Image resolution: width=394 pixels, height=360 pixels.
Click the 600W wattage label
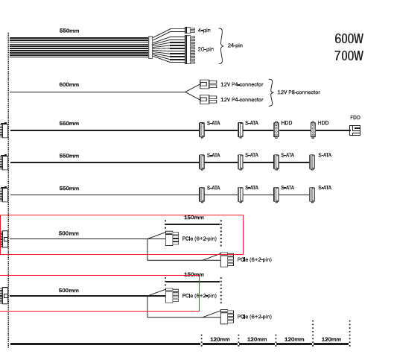coord(349,39)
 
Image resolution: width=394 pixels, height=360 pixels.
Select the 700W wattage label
coord(349,56)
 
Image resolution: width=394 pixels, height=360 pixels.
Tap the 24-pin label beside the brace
coord(235,45)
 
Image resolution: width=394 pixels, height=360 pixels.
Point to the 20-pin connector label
coord(206,49)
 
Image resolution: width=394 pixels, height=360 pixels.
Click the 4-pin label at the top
coord(204,31)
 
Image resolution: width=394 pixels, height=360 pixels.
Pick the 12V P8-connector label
coord(299,92)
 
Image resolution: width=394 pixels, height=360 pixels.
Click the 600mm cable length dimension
coord(69,84)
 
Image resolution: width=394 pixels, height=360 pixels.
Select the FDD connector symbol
coord(355,130)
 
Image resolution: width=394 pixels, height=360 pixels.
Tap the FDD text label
coord(355,118)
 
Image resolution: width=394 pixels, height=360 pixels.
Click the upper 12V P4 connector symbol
coord(209,84)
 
